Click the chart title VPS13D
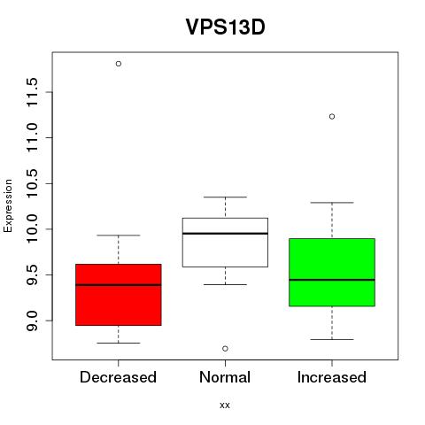pos(225,27)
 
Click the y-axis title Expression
pos(8,205)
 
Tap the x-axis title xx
pos(225,406)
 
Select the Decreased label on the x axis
pos(118,377)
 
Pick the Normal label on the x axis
pos(225,377)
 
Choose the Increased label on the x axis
pos(332,377)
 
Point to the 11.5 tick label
pos(32,92)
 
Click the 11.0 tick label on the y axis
pos(32,137)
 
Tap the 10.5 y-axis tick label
pos(32,183)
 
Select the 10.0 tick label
pos(32,229)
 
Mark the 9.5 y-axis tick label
pos(32,274)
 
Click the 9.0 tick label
pos(32,321)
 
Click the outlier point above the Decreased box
pos(119,64)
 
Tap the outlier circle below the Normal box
pos(225,349)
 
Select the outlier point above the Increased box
pos(332,117)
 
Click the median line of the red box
pos(119,285)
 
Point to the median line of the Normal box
pos(225,234)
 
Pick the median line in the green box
pos(332,280)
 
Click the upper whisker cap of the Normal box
pos(225,197)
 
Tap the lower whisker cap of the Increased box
pos(332,339)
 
